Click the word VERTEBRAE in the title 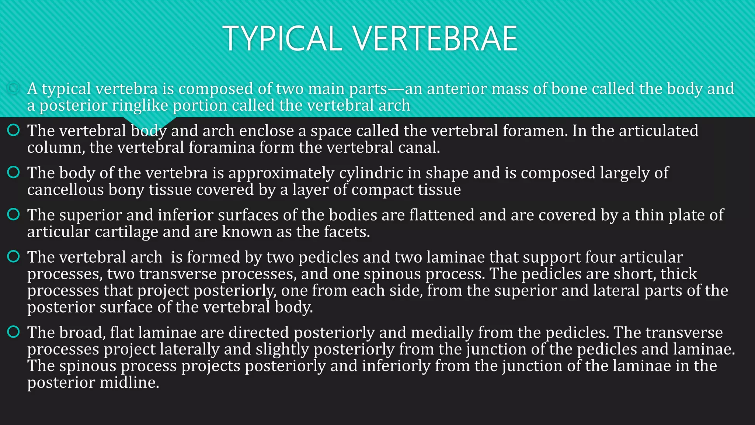point(435,38)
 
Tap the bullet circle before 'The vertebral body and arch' point(13,130)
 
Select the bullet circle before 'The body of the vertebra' point(13,172)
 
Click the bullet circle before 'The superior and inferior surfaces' point(13,214)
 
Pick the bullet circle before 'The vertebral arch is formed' point(13,256)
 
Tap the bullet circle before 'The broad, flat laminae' point(13,332)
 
